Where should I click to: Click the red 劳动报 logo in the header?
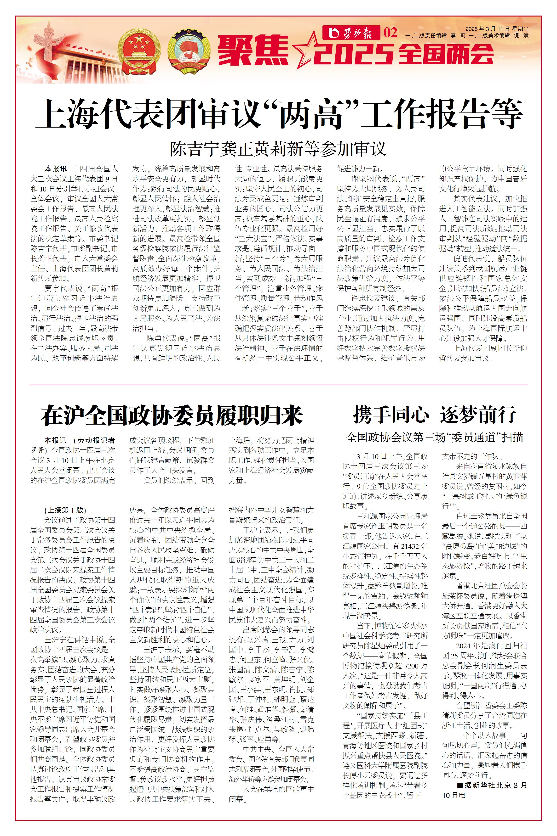pyautogui.click(x=351, y=33)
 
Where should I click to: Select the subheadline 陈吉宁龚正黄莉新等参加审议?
pyautogui.click(x=278, y=149)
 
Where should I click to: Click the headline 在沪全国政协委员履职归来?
pyautogui.click(x=172, y=416)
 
